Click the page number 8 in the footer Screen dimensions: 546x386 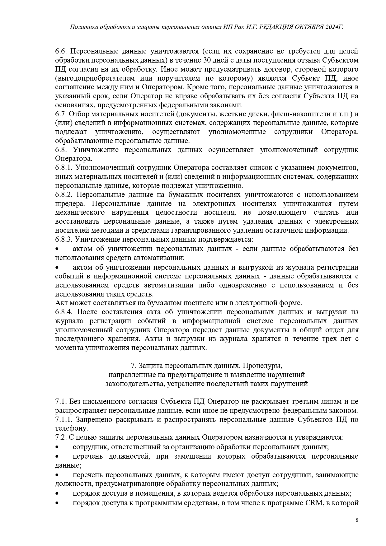357,520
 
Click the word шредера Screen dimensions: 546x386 69,204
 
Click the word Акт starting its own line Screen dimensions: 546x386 62,303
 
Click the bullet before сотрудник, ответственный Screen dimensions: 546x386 57,447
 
